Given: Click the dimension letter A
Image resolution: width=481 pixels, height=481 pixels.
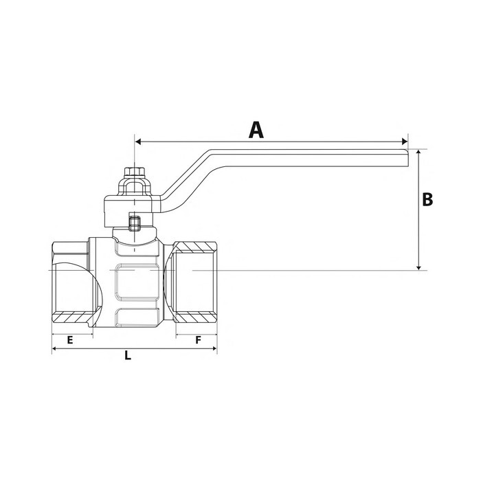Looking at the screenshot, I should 256,129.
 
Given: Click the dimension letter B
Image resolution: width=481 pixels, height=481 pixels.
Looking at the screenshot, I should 427,199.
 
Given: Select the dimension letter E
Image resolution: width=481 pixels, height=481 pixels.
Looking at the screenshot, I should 69,340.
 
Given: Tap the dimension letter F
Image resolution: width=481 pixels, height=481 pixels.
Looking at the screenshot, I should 198,340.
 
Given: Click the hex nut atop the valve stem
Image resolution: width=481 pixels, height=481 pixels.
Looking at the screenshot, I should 133,172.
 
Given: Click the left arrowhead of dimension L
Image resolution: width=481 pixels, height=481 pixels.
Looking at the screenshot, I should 55,349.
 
